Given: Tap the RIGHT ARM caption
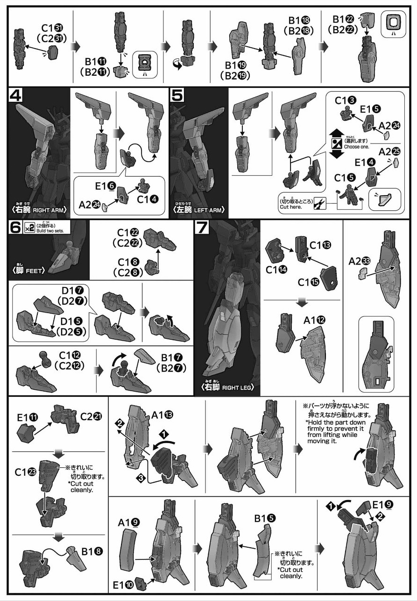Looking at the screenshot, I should pyautogui.click(x=41, y=210).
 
